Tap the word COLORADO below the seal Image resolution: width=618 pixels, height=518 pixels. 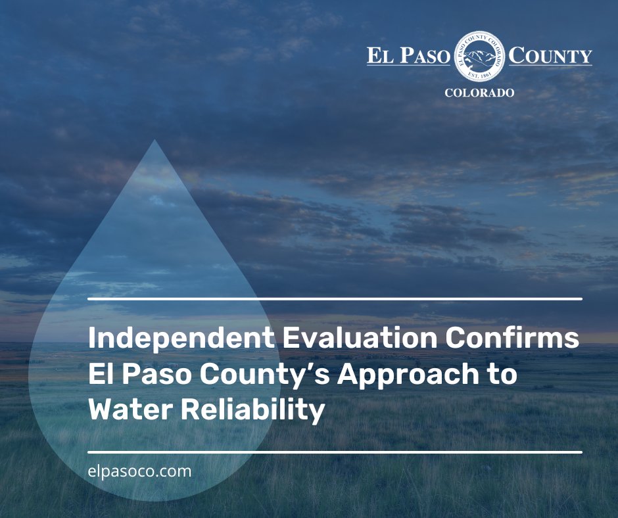click(479, 93)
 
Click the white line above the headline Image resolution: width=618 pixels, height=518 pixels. click(335, 299)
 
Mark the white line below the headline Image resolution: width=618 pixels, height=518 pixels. click(335, 452)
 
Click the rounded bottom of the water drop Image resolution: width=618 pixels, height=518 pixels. click(155, 496)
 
